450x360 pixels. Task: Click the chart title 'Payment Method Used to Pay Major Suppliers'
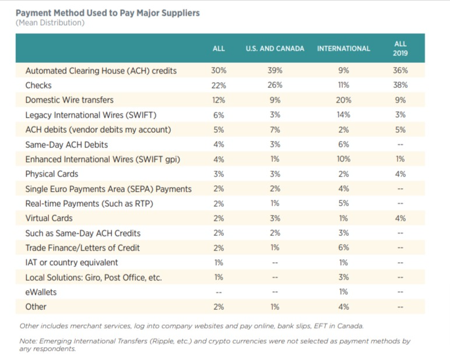coord(107,13)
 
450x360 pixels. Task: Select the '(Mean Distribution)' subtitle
coord(50,23)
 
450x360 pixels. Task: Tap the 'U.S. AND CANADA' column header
coord(275,48)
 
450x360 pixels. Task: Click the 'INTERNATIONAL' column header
coord(343,48)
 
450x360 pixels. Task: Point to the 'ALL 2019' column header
coord(400,48)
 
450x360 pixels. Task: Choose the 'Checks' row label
coord(38,85)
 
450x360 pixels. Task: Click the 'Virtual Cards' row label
coord(49,218)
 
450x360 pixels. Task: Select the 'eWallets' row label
coord(41,292)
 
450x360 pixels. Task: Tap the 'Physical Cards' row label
coord(51,174)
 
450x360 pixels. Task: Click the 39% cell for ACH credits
coord(275,70)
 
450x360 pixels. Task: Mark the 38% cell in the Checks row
coord(400,85)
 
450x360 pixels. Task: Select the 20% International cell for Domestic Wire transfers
coord(343,100)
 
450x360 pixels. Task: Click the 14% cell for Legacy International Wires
coord(343,115)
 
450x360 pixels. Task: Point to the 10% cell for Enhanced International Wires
coord(343,159)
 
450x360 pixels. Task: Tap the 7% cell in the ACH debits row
coord(275,129)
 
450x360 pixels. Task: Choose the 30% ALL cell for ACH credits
coord(218,70)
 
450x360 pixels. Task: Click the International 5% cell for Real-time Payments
coord(343,203)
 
